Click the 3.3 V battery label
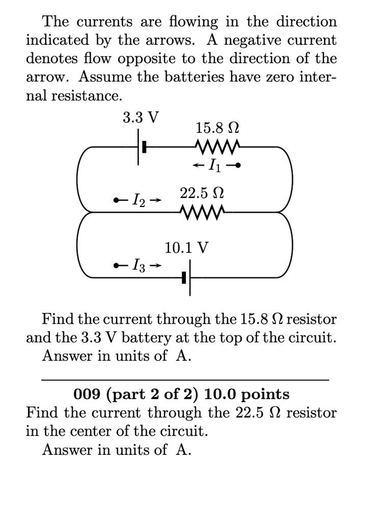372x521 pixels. coord(140,118)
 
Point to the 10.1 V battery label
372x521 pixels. coord(187,248)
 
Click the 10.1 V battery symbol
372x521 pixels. coord(188,278)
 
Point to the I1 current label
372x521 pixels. coord(213,165)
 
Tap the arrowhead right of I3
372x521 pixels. coord(158,265)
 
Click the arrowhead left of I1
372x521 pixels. coord(196,165)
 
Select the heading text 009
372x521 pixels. coord(86,394)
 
